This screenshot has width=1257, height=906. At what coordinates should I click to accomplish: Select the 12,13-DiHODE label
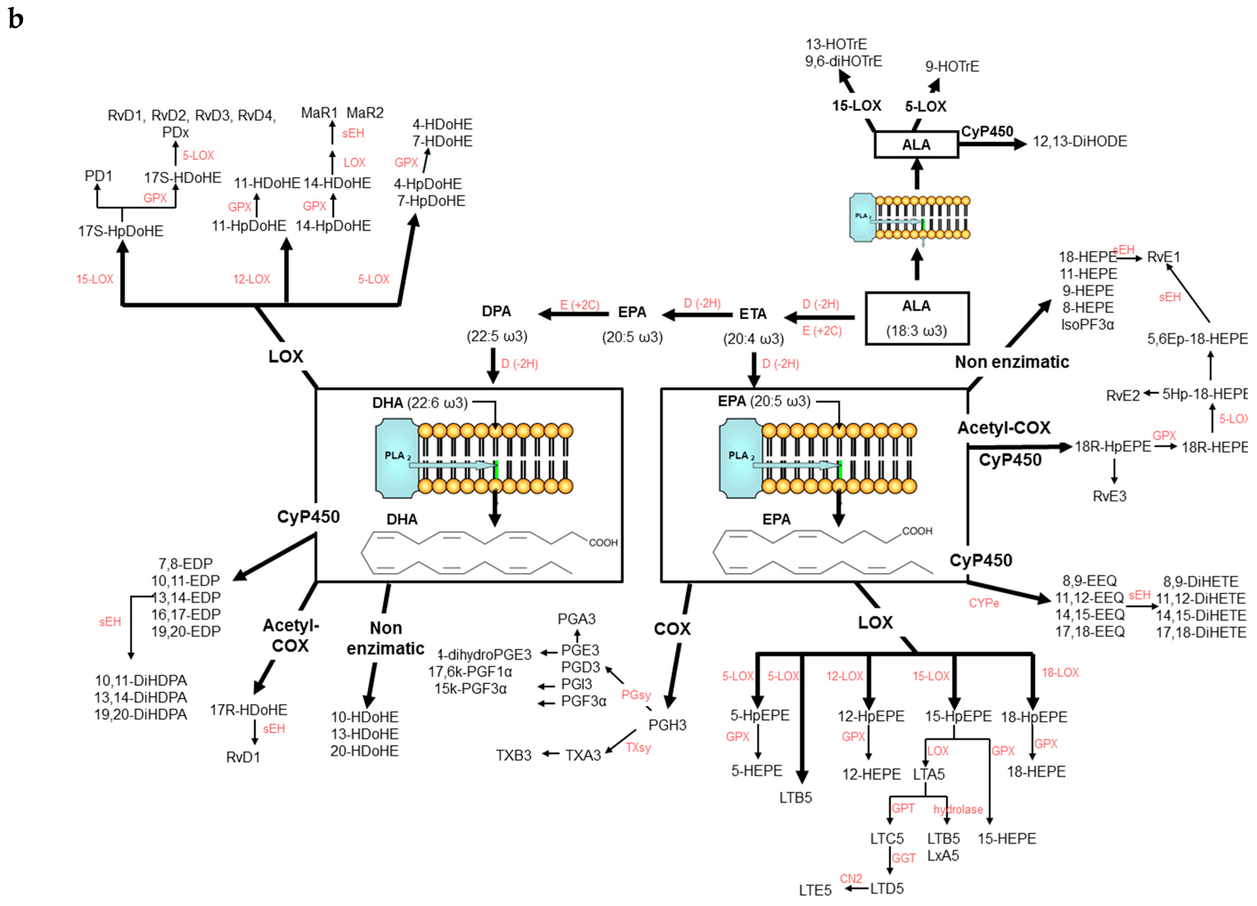(x=1079, y=142)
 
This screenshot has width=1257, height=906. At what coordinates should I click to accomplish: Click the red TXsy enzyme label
(x=638, y=748)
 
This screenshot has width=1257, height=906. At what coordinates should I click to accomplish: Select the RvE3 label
(x=1109, y=497)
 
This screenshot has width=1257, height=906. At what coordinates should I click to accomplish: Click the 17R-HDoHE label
(x=248, y=710)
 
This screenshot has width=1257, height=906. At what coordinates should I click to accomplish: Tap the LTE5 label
(x=815, y=890)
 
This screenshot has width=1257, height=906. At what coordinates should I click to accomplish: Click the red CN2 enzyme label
(x=851, y=879)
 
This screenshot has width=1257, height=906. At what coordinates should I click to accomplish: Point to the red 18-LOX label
(x=1060, y=673)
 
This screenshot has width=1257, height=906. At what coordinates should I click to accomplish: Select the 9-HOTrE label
(x=952, y=67)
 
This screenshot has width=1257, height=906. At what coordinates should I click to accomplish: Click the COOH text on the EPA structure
(x=917, y=531)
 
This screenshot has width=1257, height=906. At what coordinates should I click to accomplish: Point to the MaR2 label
(x=365, y=113)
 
